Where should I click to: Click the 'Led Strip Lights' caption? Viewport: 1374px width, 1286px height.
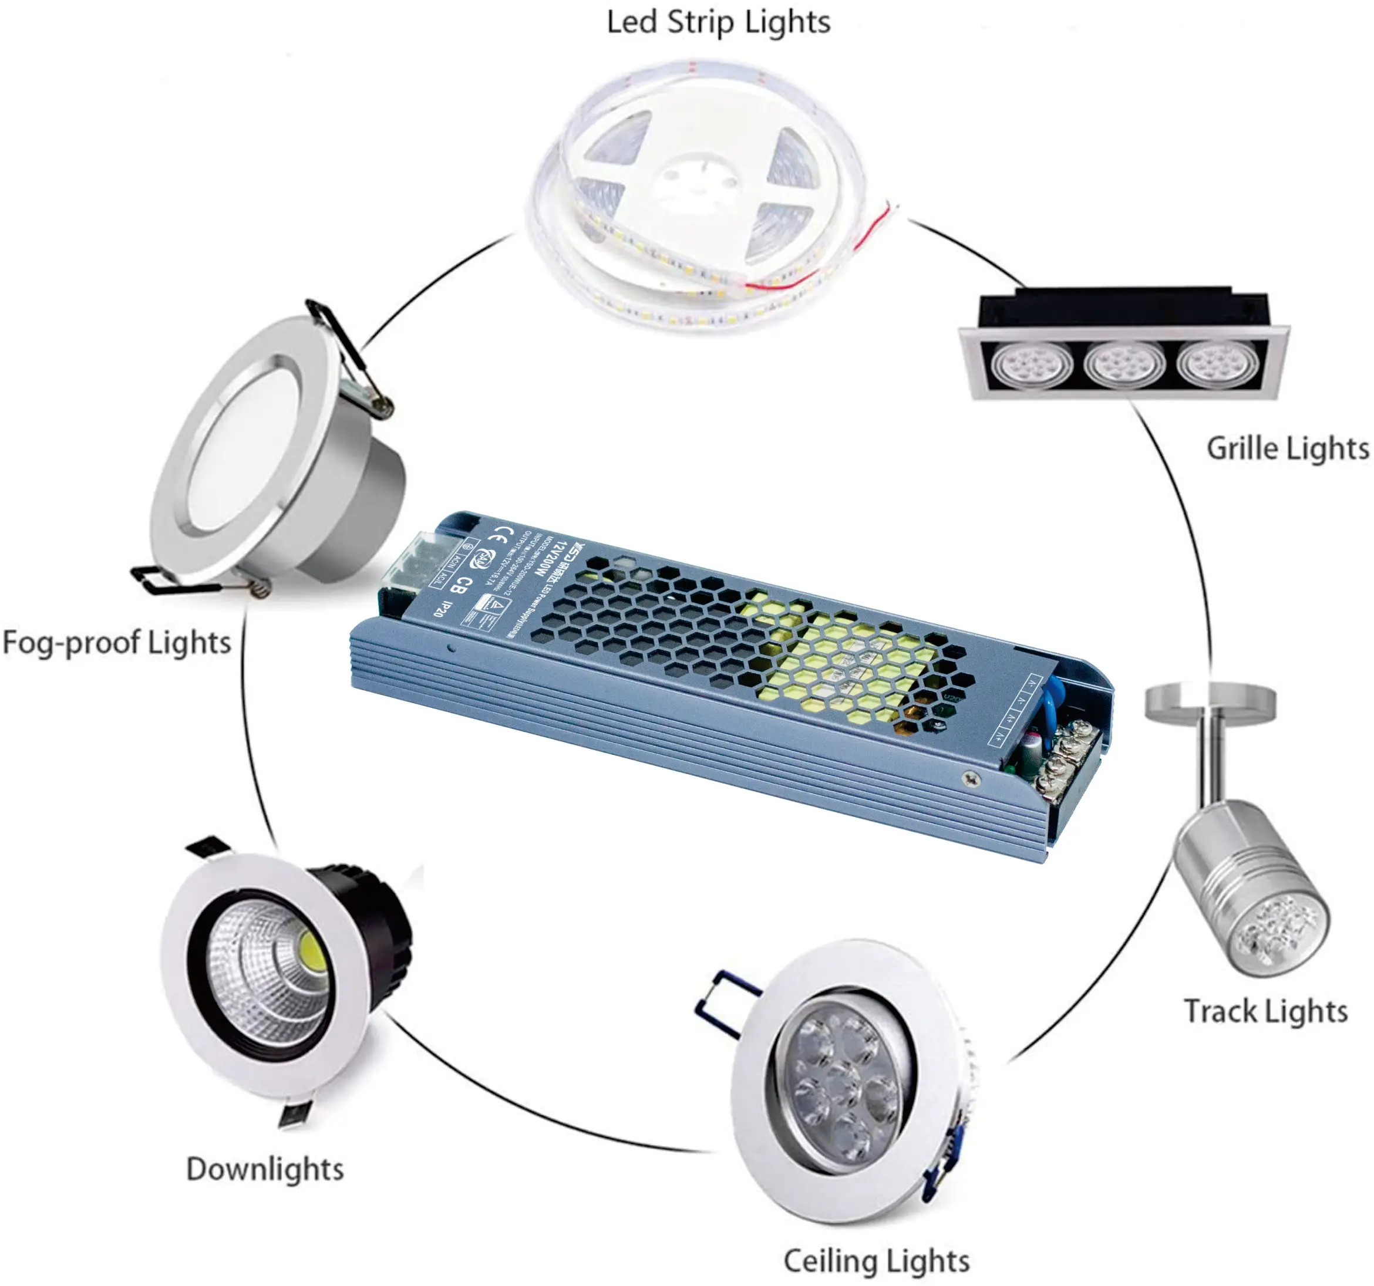coord(718,22)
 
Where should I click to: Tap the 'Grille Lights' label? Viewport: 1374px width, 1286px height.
coord(1287,448)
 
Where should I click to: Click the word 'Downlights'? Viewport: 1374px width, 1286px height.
coord(265,1169)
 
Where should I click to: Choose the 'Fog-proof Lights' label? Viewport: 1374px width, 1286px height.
coord(116,643)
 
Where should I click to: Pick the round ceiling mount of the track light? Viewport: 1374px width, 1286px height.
coord(1210,701)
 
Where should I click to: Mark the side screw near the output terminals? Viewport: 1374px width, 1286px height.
coord(972,779)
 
